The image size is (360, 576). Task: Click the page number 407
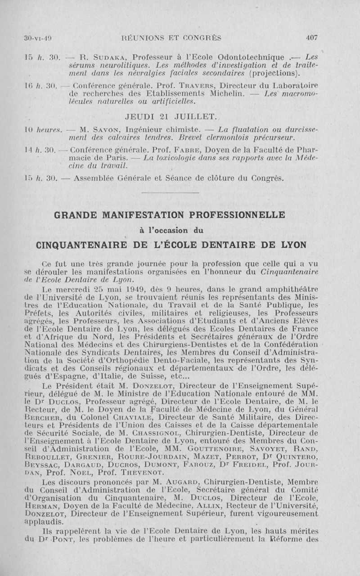click(312, 38)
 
